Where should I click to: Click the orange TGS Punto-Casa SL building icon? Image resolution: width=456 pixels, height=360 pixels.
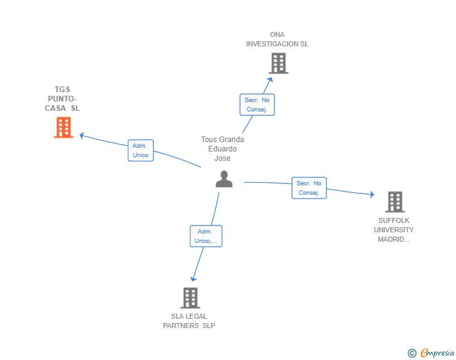point(63,127)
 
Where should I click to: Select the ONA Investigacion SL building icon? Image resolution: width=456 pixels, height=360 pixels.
point(278,63)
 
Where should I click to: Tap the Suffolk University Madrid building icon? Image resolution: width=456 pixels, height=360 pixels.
point(395,202)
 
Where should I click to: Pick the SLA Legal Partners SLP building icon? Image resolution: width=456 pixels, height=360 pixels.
point(190,298)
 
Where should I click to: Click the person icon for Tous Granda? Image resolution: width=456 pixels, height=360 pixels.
point(224,178)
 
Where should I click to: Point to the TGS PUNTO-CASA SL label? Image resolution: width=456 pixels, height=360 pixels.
point(63,99)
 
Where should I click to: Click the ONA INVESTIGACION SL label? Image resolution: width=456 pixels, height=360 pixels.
point(277,39)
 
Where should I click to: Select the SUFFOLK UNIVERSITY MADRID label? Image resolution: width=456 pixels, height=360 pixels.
point(394,230)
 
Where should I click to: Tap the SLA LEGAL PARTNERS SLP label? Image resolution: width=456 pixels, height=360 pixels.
point(189,321)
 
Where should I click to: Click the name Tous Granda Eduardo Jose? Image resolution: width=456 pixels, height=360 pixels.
point(222,149)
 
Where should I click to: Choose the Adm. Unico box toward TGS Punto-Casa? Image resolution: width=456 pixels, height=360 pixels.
point(140,150)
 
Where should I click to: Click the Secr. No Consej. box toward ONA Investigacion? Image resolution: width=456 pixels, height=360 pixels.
point(257,105)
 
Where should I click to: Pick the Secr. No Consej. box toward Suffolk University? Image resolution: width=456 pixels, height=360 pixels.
point(309,188)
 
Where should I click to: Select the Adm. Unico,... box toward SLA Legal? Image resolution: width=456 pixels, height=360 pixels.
point(205,236)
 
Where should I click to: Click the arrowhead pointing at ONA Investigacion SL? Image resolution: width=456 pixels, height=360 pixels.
point(271,79)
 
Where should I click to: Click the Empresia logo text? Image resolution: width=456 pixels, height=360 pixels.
point(437,353)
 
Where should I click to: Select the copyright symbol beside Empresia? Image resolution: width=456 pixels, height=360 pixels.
point(412,353)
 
